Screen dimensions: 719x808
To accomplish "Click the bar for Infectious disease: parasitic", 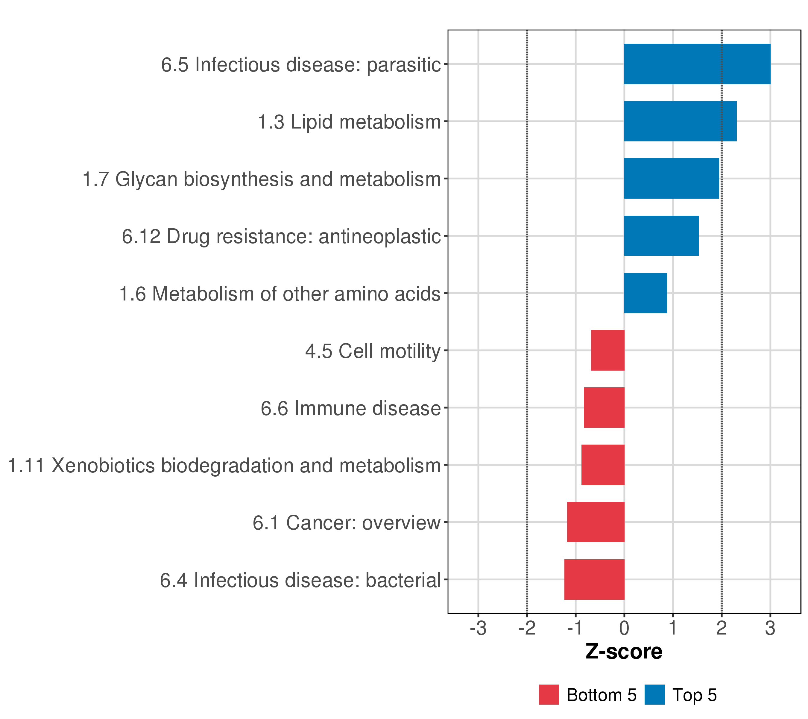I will pyautogui.click(x=697, y=64).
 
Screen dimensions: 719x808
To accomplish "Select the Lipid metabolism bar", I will pyautogui.click(x=680, y=121).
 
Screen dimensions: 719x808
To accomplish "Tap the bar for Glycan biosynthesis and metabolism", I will pyautogui.click(x=671, y=179).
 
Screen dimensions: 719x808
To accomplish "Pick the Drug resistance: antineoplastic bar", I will pyautogui.click(x=661, y=236).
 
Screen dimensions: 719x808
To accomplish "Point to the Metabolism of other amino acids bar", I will pyautogui.click(x=645, y=293).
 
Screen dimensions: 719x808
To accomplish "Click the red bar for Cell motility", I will pyautogui.click(x=607, y=350).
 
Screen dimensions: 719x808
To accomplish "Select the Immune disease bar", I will pyautogui.click(x=604, y=407).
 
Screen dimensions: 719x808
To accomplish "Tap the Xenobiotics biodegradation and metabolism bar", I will pyautogui.click(x=603, y=465).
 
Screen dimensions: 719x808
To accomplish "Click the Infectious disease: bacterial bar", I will pyautogui.click(x=594, y=580).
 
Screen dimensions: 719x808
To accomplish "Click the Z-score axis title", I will pyautogui.click(x=624, y=651).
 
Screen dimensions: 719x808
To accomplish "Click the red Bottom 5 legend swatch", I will pyautogui.click(x=549, y=695).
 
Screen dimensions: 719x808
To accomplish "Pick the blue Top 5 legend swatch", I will pyautogui.click(x=654, y=695).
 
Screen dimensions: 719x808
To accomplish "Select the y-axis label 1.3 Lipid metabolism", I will pyautogui.click(x=349, y=122).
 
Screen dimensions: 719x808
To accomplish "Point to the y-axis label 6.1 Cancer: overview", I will pyautogui.click(x=347, y=523).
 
